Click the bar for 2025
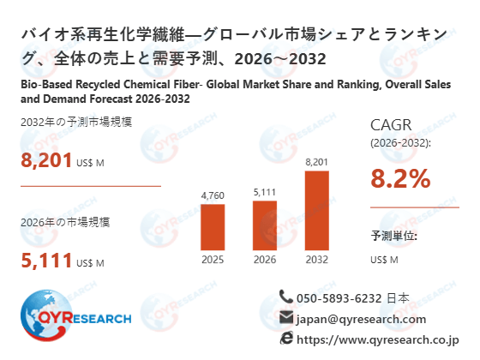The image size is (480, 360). pyautogui.click(x=212, y=227)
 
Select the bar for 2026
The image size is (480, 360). pyautogui.click(x=264, y=225)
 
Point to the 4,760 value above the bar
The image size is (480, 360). pyautogui.click(x=212, y=196)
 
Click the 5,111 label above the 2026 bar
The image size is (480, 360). pyautogui.click(x=264, y=191)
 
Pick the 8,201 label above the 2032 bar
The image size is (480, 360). pyautogui.click(x=316, y=161)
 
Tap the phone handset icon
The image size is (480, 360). pyautogui.click(x=286, y=297)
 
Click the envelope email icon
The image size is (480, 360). pyautogui.click(x=286, y=318)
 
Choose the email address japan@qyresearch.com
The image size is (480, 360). pyautogui.click(x=361, y=319)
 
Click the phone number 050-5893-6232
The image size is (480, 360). pyautogui.click(x=339, y=298)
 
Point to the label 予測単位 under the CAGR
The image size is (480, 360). pyautogui.click(x=393, y=236)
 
